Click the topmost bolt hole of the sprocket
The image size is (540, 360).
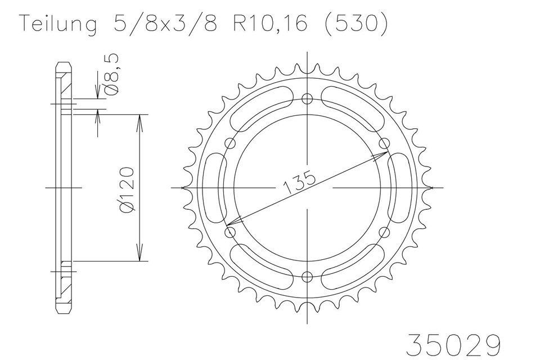(307, 99)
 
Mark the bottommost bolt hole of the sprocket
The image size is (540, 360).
(307, 276)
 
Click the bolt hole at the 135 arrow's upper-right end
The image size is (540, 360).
(385, 142)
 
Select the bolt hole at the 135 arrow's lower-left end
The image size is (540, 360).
(229, 232)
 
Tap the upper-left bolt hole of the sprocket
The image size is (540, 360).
(229, 143)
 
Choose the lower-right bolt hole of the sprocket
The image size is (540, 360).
(385, 232)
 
